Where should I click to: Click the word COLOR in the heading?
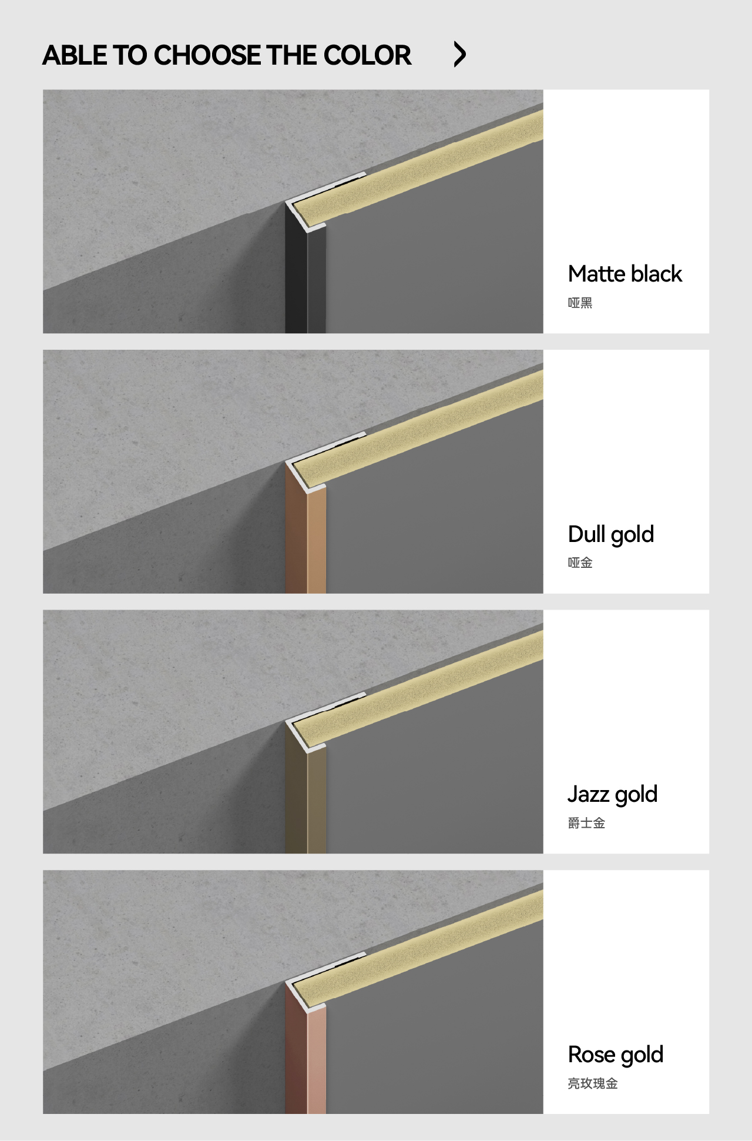tap(367, 55)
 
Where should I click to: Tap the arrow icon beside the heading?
tap(460, 55)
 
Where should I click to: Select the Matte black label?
tap(625, 274)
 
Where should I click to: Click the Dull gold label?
tap(611, 535)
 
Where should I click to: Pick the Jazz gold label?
tap(612, 795)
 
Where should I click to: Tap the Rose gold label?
tap(616, 1055)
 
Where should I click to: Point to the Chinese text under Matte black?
tap(580, 303)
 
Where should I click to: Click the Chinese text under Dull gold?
tap(580, 563)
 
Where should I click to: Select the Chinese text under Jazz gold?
tap(586, 823)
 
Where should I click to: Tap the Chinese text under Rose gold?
tap(593, 1083)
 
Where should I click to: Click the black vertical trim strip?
tap(305, 276)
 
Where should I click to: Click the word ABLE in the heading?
tap(75, 55)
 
